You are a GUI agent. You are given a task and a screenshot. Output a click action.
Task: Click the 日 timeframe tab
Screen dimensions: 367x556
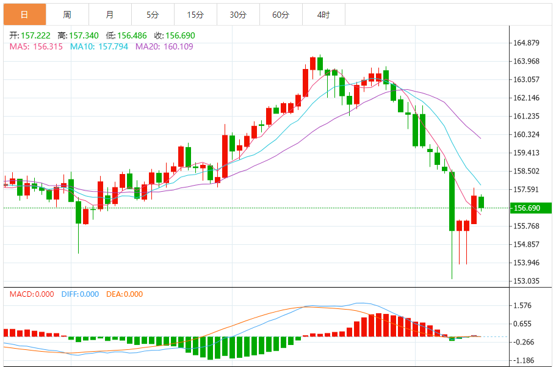coord(24,15)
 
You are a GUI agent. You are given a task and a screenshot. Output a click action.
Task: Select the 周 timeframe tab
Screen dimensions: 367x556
coord(67,15)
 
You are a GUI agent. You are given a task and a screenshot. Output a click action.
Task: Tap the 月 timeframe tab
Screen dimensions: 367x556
coord(109,15)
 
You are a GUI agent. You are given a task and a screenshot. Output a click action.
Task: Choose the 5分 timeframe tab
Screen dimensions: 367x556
coord(153,15)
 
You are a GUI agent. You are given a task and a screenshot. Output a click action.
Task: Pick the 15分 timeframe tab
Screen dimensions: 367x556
coord(195,15)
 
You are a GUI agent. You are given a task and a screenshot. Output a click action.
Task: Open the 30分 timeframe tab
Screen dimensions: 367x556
coord(238,15)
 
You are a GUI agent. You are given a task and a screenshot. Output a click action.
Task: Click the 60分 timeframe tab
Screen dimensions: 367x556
coord(281,15)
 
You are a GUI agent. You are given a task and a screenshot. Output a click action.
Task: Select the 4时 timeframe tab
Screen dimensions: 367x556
coord(323,15)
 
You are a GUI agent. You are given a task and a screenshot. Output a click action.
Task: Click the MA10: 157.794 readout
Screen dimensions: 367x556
coord(99,46)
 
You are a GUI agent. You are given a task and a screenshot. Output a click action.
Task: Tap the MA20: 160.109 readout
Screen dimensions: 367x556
coord(164,46)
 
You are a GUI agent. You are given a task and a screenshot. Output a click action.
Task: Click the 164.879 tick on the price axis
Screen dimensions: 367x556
coord(527,43)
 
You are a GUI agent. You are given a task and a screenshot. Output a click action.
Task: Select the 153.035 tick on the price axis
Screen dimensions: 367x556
coord(527,281)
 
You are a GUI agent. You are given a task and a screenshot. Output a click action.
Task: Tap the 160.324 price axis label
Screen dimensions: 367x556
coord(527,134)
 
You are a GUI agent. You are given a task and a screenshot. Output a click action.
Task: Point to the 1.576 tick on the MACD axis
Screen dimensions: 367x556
coord(523,305)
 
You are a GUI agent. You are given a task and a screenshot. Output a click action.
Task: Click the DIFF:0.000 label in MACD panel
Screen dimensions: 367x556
coord(80,294)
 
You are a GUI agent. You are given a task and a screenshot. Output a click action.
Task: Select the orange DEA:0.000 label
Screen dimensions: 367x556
coord(125,294)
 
